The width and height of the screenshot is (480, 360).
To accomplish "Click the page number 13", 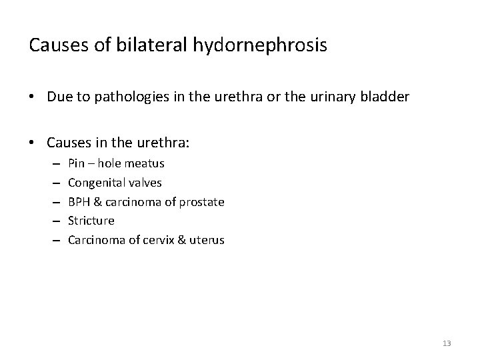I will [x=447, y=343].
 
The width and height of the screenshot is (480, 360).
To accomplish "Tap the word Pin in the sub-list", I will [x=76, y=163].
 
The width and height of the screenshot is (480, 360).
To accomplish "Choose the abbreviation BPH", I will [x=79, y=201].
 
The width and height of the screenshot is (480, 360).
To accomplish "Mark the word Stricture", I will [x=91, y=221].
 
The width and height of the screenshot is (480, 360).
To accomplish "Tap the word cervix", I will [x=169, y=240].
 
